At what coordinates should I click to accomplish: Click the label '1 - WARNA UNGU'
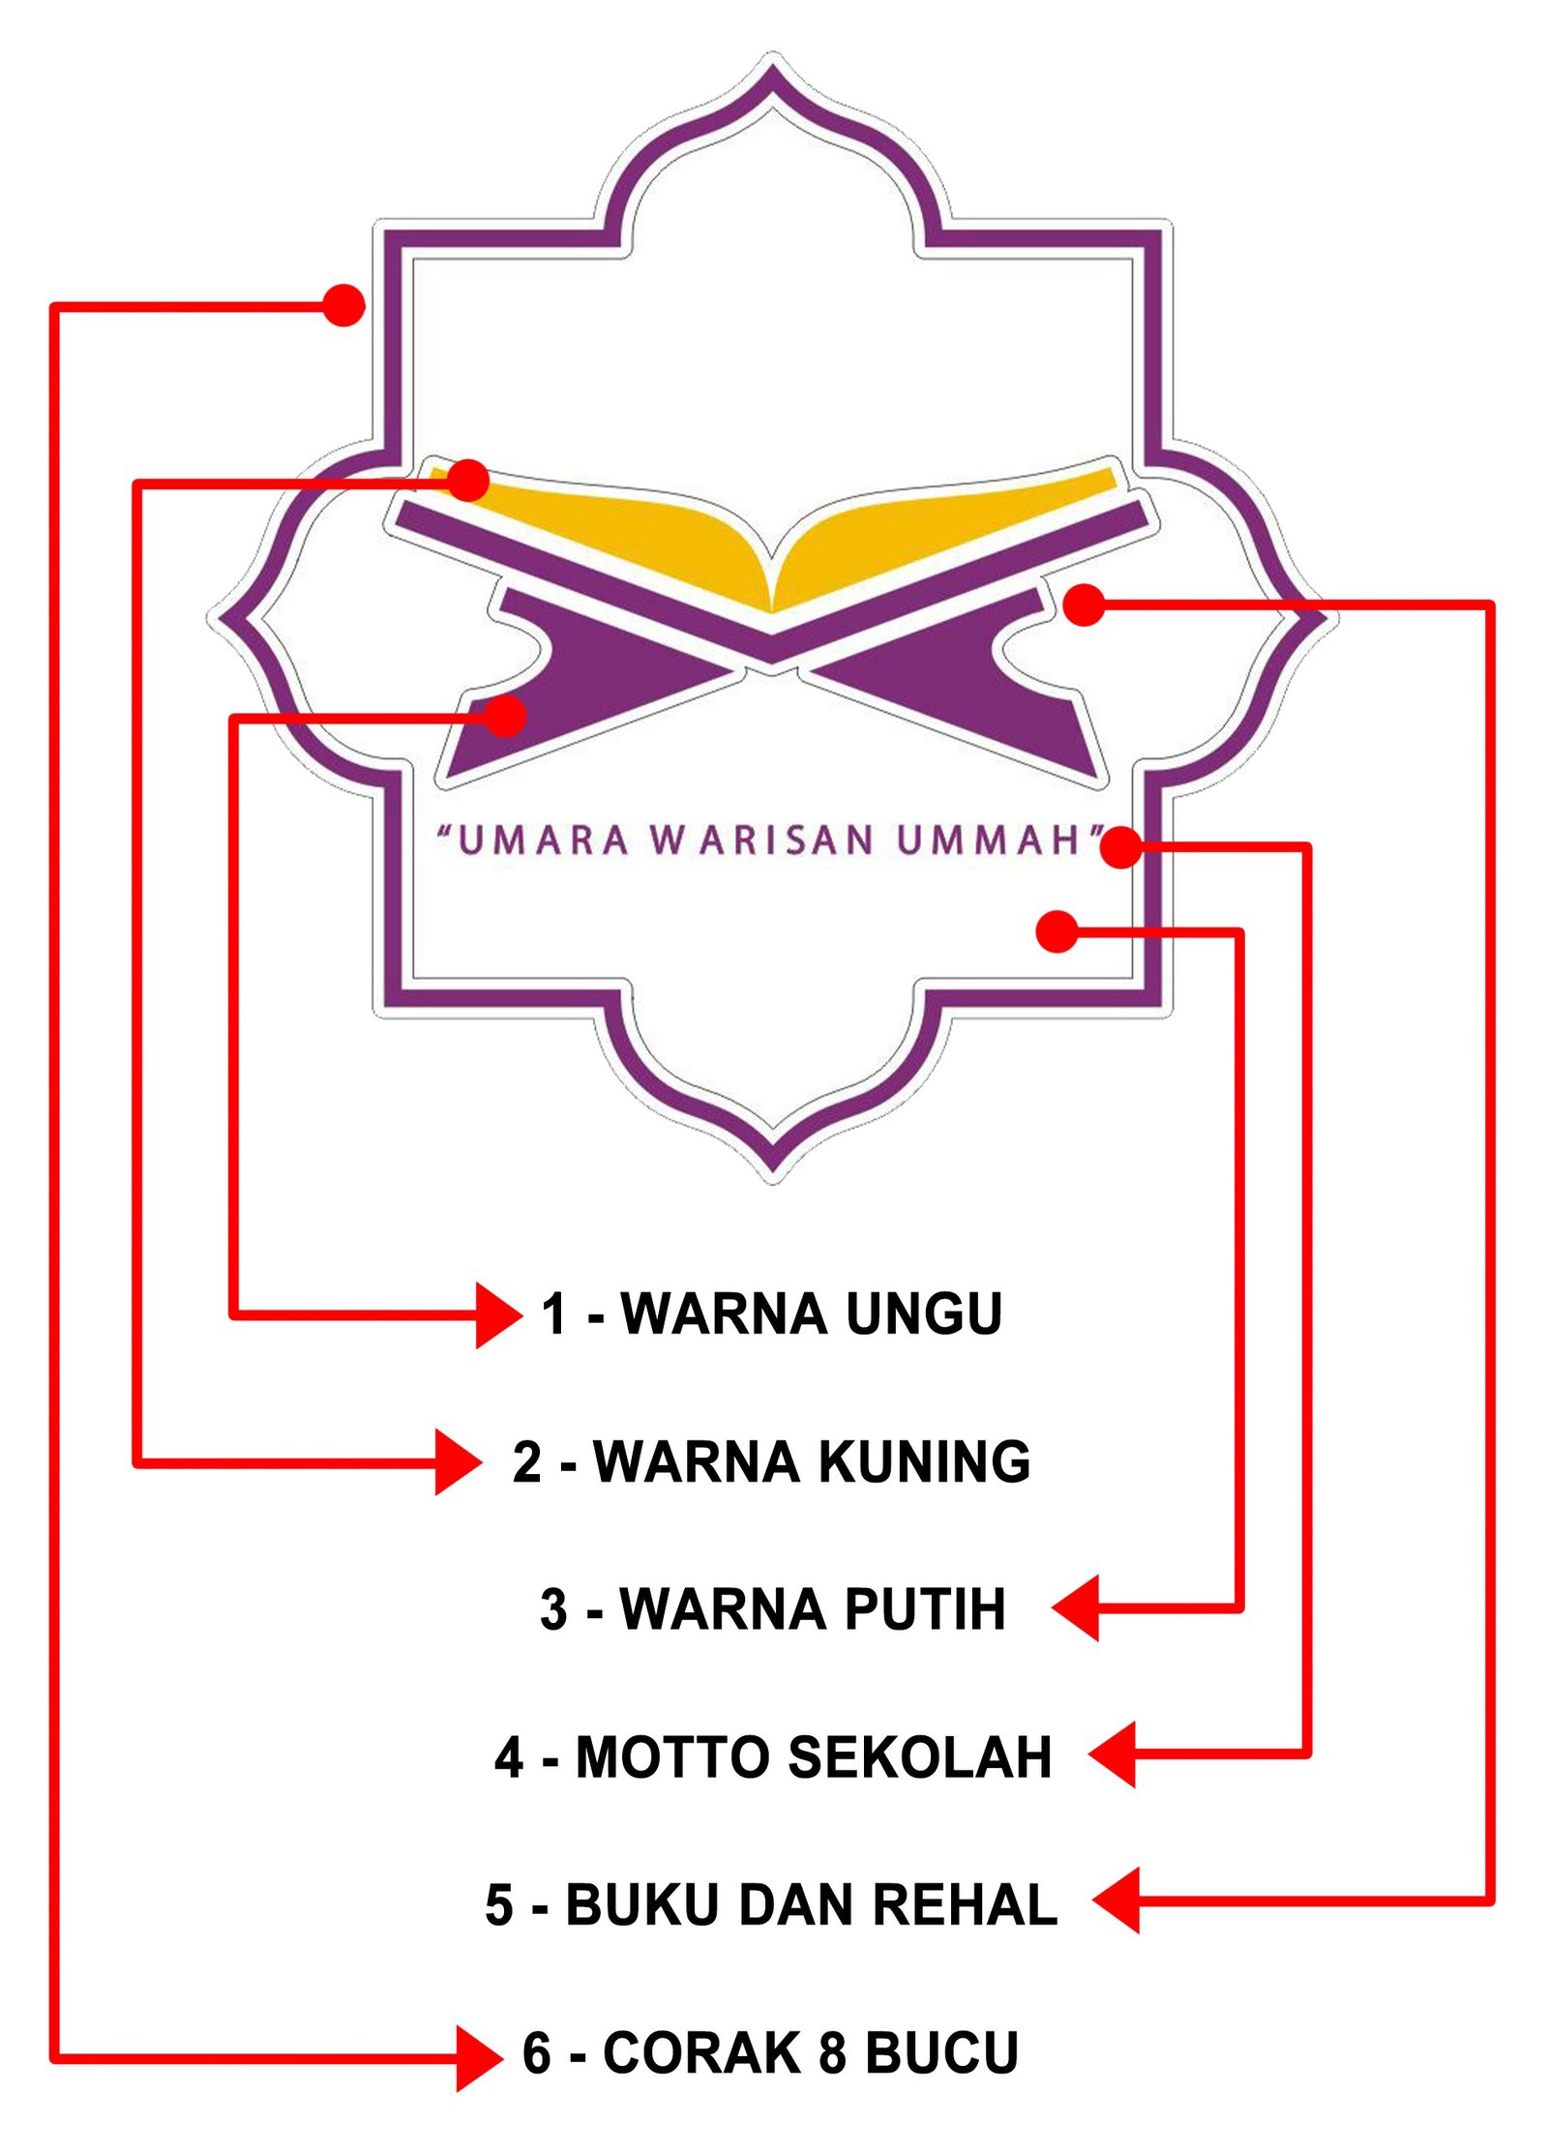point(771,1313)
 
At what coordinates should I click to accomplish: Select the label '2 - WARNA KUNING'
point(771,1461)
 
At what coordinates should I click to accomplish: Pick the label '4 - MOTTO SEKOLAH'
point(773,1757)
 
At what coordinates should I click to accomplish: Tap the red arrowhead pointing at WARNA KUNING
point(458,1461)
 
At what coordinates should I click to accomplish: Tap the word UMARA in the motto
point(543,840)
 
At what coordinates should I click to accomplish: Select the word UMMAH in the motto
point(987,840)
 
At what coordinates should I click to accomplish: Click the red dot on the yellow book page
point(468,480)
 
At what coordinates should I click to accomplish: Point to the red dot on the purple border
point(343,305)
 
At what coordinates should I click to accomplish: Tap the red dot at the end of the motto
point(1121,847)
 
